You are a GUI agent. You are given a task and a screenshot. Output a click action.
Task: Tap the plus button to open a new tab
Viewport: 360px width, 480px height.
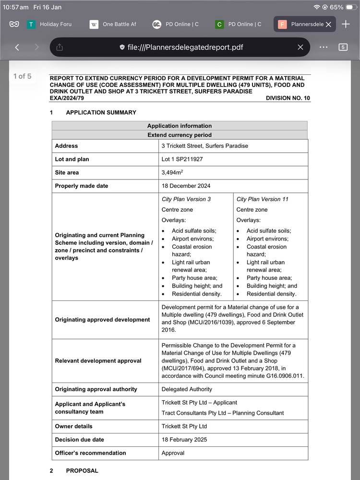coord(346,24)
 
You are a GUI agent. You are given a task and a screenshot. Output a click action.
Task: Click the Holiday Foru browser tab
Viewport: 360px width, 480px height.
coord(49,24)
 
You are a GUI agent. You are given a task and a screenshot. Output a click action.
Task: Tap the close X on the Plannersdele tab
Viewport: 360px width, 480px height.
coord(328,24)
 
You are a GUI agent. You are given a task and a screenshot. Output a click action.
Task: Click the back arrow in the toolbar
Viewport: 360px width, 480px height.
coord(17,47)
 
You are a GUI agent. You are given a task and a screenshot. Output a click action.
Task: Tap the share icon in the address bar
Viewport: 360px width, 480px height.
coord(60,47)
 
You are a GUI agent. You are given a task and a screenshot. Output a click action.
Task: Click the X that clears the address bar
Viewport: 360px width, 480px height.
coord(300,47)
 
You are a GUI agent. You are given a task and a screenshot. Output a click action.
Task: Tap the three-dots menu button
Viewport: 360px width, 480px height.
coord(323,47)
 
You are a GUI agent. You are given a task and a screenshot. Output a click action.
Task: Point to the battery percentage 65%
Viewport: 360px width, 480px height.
coord(336,7)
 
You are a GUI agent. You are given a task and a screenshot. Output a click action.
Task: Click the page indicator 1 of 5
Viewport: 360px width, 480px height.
coord(23,76)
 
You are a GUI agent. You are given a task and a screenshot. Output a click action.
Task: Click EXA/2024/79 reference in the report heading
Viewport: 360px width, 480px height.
coord(67,98)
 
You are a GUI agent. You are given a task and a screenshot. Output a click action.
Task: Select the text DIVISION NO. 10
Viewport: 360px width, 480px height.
coord(288,98)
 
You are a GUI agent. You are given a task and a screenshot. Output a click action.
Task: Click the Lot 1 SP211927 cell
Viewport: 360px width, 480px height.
coord(182,159)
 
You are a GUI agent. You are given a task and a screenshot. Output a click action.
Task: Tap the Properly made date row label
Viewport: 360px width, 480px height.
coord(82,186)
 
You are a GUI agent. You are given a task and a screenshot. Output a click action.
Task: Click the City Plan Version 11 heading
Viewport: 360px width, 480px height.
coord(263,199)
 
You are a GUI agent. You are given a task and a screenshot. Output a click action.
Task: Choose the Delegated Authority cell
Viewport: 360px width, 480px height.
coord(187,389)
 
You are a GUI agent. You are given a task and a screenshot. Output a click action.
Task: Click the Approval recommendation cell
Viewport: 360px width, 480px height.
coord(173,453)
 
